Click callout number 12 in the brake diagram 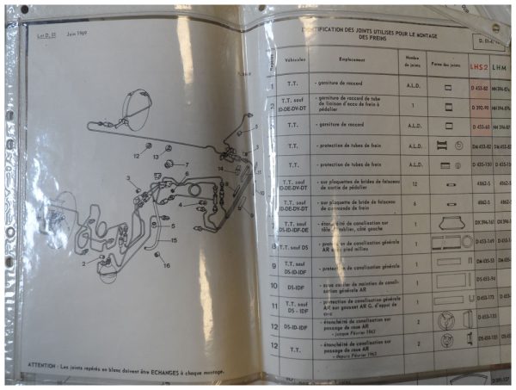tap(136, 156)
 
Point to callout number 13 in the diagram tap(157, 158)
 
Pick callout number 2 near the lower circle tap(84, 263)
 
